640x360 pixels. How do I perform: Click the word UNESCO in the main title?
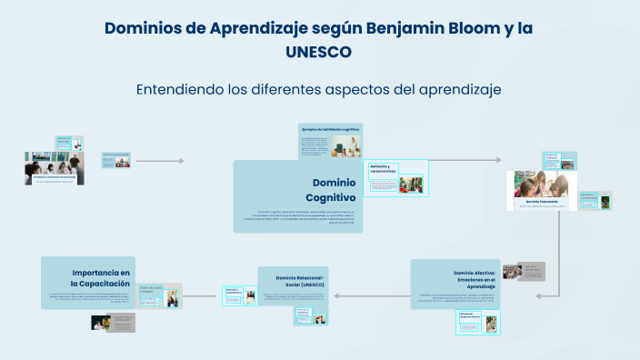coord(319,52)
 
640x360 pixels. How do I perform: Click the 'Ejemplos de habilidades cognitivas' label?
coord(330,129)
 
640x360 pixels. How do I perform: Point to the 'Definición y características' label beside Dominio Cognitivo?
coord(384,168)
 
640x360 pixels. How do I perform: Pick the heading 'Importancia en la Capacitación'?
coord(101,278)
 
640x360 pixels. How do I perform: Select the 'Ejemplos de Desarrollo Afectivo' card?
coord(470,315)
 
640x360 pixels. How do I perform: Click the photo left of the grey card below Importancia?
coord(101,322)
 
